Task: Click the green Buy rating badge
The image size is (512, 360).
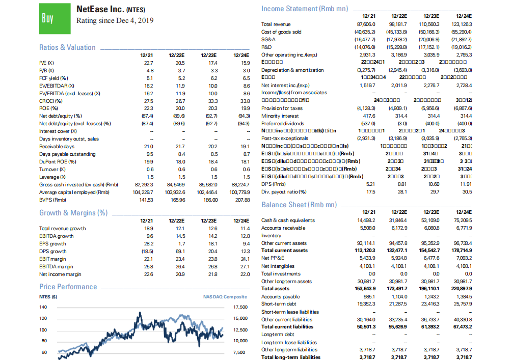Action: coord(47,18)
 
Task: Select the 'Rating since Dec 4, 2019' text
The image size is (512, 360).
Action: coord(115,21)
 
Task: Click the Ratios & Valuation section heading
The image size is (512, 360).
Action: coord(67,47)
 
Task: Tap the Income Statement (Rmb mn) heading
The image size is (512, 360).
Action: coord(305,9)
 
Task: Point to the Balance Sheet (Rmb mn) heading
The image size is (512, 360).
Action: coord(299,204)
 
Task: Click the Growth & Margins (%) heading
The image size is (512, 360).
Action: coord(73,212)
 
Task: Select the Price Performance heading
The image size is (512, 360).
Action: coord(68,287)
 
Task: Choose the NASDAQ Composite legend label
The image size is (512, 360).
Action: coord(225,297)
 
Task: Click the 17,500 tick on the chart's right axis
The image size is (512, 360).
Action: coord(240,307)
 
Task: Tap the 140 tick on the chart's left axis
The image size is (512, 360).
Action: coord(44,307)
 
